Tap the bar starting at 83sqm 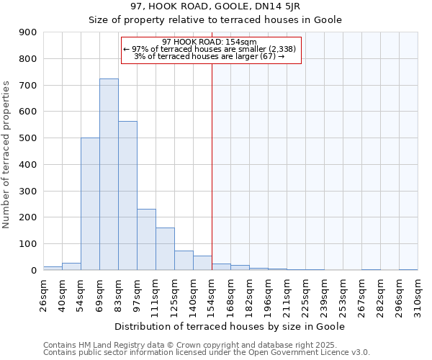point(127,195)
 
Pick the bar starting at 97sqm point(146,239)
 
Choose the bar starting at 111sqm point(165,248)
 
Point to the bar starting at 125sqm point(184,260)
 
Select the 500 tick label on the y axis point(28,138)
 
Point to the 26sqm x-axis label point(43,293)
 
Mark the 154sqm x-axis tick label point(212,295)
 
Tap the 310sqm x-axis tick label point(418,295)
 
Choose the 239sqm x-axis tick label point(324,295)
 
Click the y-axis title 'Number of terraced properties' point(7,155)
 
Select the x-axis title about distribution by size point(230,326)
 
